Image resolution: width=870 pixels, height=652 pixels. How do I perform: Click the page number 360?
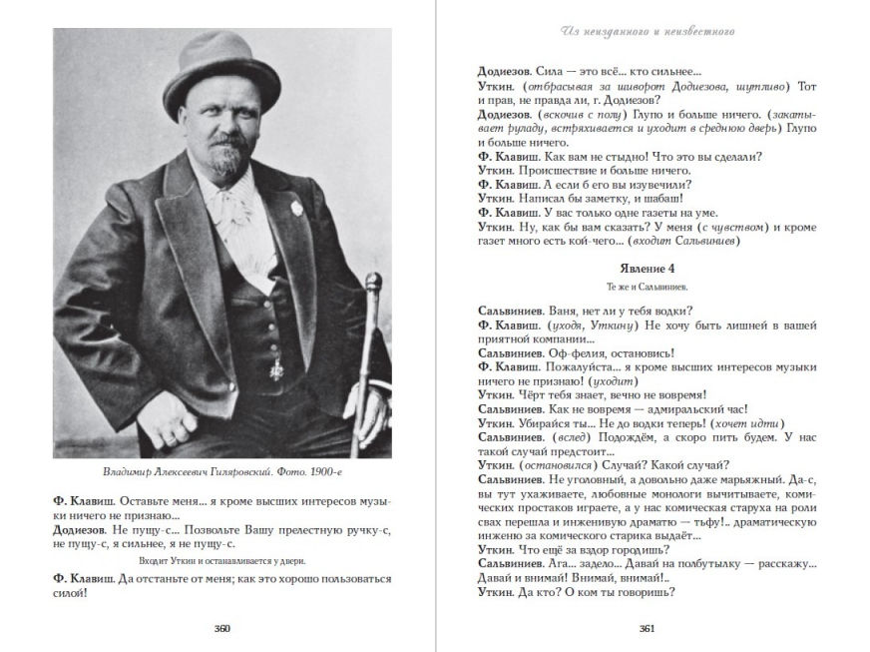coord(222,628)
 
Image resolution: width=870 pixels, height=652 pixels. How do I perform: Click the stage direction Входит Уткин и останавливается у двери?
coord(221,561)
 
